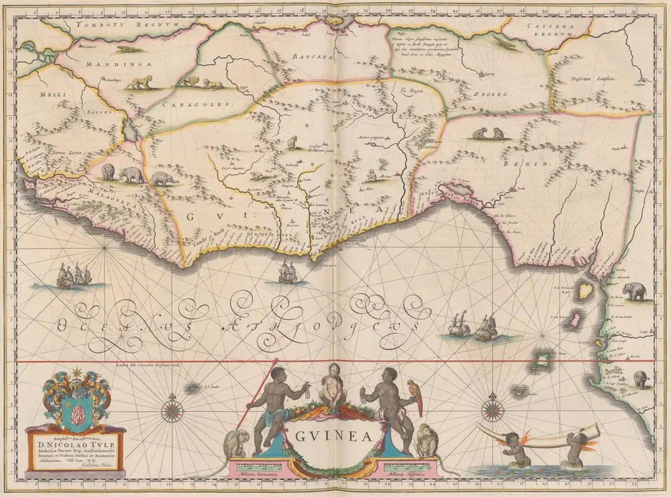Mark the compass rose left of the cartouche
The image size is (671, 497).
[172, 410]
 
